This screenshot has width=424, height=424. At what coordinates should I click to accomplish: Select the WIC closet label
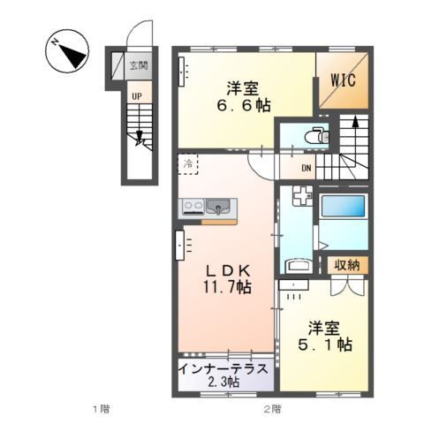pos(344,79)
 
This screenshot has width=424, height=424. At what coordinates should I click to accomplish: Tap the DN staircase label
pos(307,170)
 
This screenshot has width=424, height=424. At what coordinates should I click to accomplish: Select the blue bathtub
pos(344,210)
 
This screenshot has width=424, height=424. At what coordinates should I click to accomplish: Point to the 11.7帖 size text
pos(224,289)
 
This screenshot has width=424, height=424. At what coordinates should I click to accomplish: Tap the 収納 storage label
pos(346,265)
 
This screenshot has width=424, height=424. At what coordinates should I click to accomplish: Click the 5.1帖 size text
pos(325,344)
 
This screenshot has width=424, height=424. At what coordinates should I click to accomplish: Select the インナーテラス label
pos(223,367)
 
